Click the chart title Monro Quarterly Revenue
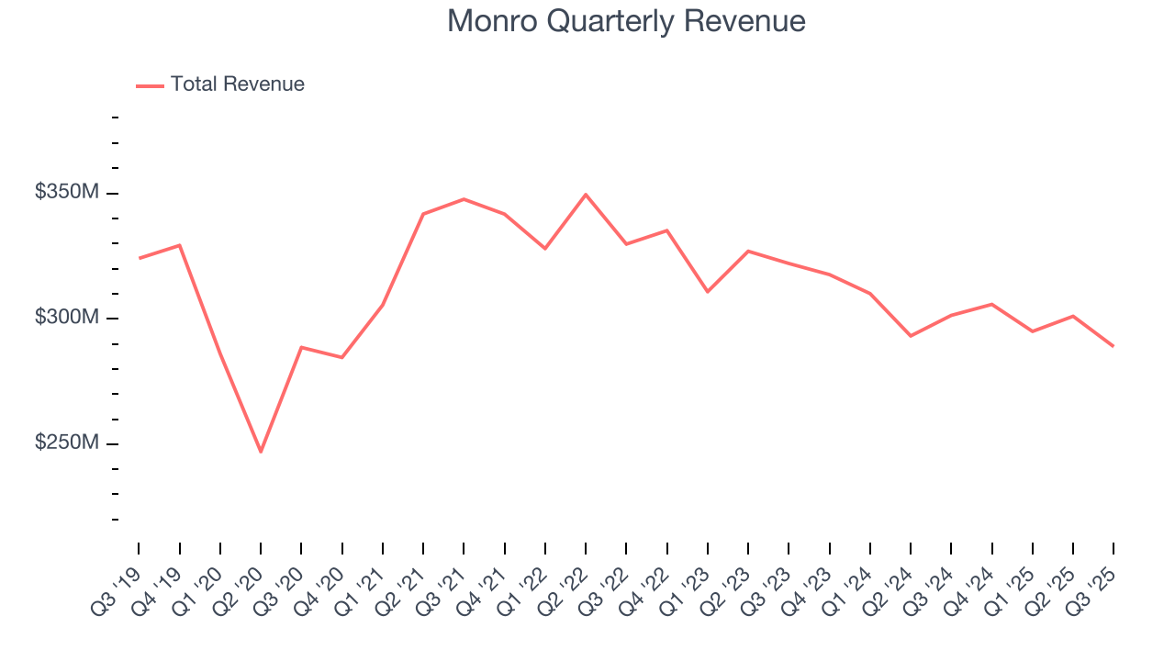point(626,21)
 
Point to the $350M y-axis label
point(67,193)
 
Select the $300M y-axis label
point(67,318)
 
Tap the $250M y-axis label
point(67,443)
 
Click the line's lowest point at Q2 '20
point(261,452)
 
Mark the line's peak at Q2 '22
point(586,195)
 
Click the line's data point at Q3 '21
point(464,199)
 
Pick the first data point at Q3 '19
point(140,258)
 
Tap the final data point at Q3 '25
point(1113,346)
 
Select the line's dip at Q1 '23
point(708,292)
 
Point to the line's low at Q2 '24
point(911,336)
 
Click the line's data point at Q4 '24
point(991,304)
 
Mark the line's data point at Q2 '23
point(748,251)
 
